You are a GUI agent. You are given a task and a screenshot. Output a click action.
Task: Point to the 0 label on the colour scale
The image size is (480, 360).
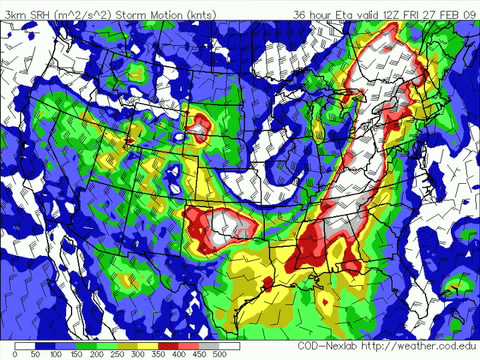click(7, 353)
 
